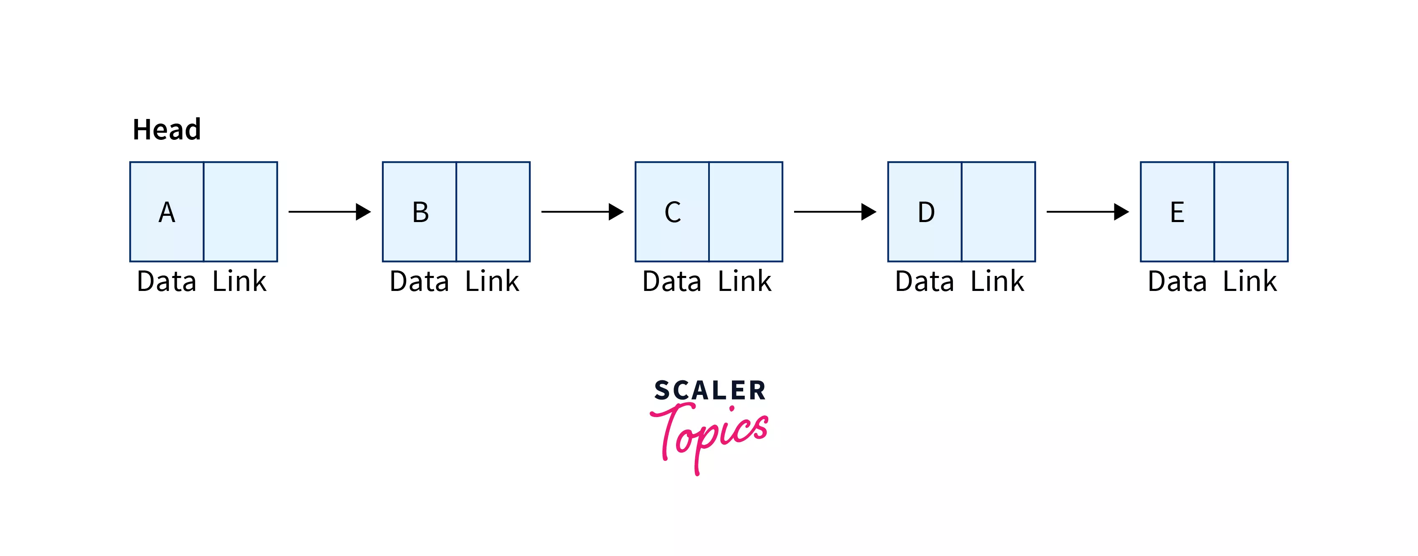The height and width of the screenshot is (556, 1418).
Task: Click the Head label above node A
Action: tap(167, 130)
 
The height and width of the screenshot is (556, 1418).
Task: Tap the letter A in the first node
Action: tap(167, 212)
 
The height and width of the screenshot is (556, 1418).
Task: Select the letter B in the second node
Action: tap(420, 212)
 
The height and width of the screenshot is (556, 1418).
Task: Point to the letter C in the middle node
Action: tap(673, 212)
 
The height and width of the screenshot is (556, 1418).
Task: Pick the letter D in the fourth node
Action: tap(926, 212)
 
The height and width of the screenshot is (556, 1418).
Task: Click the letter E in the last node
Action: tap(1177, 212)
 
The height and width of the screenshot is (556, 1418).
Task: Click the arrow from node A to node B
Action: tap(329, 212)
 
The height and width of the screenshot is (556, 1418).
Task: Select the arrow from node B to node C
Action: tap(582, 212)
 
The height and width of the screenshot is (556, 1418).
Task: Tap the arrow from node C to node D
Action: tap(835, 212)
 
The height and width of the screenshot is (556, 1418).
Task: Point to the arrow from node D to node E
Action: tap(1087, 212)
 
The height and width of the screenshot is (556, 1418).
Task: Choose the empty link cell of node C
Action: tap(746, 212)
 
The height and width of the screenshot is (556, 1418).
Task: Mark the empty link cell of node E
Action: tap(1251, 212)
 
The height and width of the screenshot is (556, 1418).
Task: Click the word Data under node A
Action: tap(166, 282)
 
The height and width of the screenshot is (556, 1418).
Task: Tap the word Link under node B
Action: tap(492, 282)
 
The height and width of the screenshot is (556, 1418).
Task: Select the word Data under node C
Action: tap(671, 282)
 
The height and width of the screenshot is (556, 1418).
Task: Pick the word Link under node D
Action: tap(997, 282)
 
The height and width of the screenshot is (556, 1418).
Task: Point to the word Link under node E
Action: tap(1250, 282)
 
